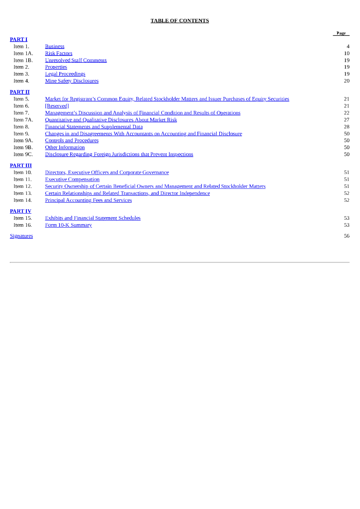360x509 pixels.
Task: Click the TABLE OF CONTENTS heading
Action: pyautogui.click(x=180, y=21)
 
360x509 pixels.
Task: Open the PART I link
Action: pyautogui.click(x=18, y=39)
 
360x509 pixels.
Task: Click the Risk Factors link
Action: pyautogui.click(x=59, y=53)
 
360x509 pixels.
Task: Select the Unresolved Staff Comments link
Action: pyautogui.click(x=76, y=60)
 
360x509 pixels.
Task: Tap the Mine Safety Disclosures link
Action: pyautogui.click(x=72, y=81)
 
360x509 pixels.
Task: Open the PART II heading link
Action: pyautogui.click(x=20, y=92)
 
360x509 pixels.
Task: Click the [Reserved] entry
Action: pyautogui.click(x=57, y=106)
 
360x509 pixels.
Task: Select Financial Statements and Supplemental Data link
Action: pyautogui.click(x=93, y=127)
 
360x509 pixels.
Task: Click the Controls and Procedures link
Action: pyautogui.click(x=72, y=141)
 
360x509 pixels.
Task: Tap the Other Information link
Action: pyautogui.click(x=65, y=148)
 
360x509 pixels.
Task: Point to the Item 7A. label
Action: pyautogui.click(x=23, y=120)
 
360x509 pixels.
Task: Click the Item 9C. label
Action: pyautogui.click(x=23, y=155)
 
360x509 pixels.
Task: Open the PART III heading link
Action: pyautogui.click(x=21, y=166)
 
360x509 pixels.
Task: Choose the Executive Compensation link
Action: pyautogui.click(x=72, y=179)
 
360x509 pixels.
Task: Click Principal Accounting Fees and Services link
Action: pyautogui.click(x=88, y=200)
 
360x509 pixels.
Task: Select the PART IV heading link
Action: pyautogui.click(x=20, y=211)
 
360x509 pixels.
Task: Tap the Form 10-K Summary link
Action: pyautogui.click(x=68, y=225)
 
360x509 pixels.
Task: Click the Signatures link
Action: pyautogui.click(x=21, y=236)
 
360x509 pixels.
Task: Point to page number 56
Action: pyautogui.click(x=347, y=236)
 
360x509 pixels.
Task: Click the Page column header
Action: pyautogui.click(x=341, y=33)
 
